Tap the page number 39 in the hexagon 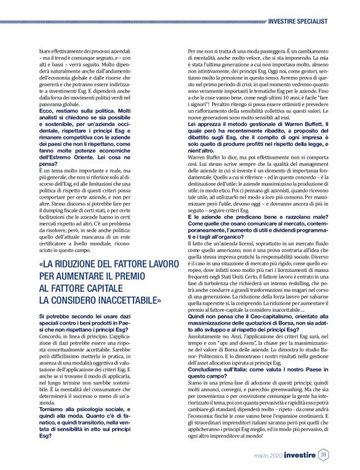coord(323,456)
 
